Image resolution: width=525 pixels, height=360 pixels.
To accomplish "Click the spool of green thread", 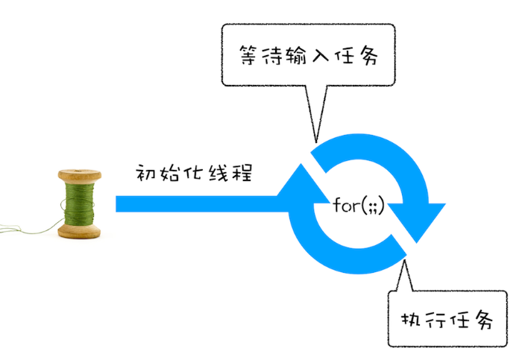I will (x=78, y=203).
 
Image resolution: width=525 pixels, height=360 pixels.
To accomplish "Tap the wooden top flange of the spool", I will (x=78, y=177).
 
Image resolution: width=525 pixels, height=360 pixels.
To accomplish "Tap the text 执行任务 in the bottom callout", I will (x=447, y=320).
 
